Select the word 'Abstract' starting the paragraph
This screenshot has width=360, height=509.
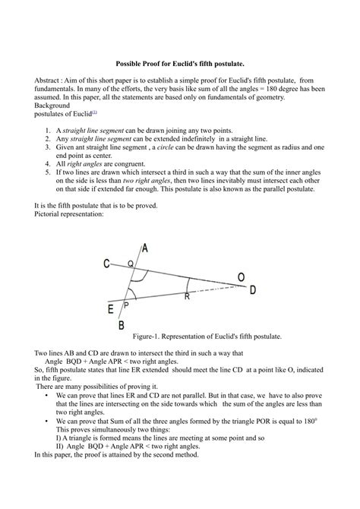[x=49, y=80]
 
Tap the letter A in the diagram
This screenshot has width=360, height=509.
[x=145, y=248]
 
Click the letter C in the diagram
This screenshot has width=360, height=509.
[x=107, y=264]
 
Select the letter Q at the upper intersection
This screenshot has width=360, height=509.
[x=130, y=263]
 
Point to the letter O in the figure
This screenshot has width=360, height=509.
[x=241, y=278]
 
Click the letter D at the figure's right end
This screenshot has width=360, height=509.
[x=252, y=289]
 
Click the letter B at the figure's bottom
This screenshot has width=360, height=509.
[x=122, y=325]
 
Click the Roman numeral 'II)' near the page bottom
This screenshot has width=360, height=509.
[x=61, y=445]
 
